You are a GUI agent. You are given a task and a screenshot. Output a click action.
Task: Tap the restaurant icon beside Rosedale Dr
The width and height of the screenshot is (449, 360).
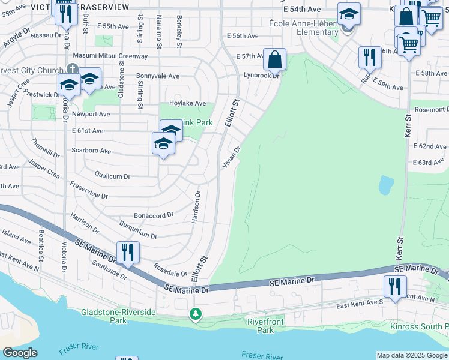point(128,253)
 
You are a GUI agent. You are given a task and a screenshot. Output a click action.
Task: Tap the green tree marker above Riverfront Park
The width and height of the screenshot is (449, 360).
point(195,314)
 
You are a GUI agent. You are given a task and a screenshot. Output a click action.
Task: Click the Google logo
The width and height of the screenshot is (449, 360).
point(20,353)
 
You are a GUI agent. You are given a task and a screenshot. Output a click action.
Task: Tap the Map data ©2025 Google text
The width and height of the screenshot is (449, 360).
point(411,355)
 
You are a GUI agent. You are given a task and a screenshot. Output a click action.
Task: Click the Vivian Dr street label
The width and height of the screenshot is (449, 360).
point(232,156)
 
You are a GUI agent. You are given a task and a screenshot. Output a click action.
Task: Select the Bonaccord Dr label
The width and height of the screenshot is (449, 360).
point(154,214)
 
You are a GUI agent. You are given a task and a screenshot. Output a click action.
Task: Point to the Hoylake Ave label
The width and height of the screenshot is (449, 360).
point(188,103)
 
